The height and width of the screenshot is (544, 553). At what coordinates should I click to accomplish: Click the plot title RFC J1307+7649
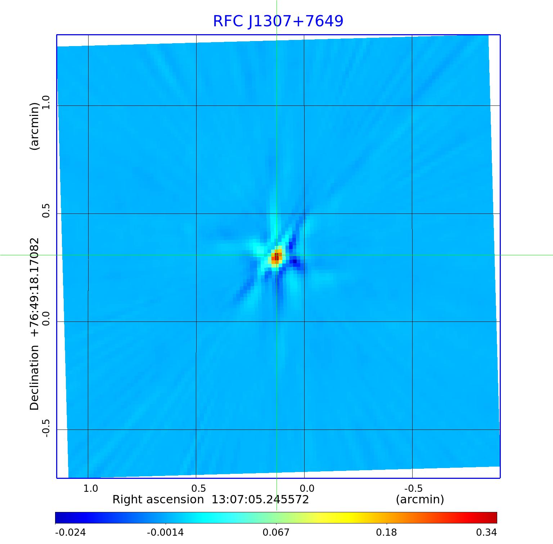(278, 21)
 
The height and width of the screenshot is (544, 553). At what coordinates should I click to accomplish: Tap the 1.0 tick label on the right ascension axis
(91, 489)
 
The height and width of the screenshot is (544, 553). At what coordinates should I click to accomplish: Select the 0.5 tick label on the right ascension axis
(199, 489)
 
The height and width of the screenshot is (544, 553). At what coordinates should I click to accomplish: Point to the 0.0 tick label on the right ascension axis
(307, 489)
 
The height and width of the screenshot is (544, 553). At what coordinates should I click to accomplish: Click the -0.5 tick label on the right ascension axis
(413, 489)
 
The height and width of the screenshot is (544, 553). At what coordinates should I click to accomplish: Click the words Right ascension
(158, 500)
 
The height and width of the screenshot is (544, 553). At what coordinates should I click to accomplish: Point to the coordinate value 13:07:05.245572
(260, 500)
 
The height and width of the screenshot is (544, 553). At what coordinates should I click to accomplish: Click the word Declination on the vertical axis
(35, 378)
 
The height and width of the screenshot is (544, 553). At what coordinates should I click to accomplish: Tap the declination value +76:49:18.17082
(35, 287)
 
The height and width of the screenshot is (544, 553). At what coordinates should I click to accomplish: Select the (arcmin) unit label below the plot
(420, 500)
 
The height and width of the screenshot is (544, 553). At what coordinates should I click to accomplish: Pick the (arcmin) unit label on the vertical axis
(35, 126)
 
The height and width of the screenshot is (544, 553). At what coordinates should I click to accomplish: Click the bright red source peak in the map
(276, 257)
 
